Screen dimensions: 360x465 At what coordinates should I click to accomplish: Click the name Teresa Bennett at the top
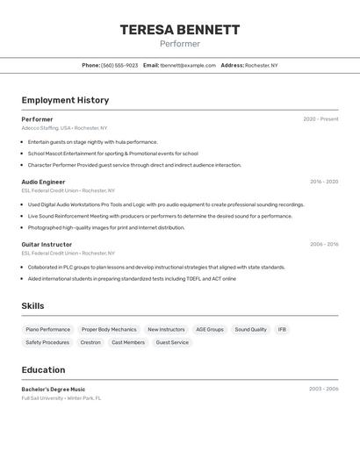(x=179, y=30)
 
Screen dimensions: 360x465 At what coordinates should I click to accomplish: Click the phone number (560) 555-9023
(x=119, y=65)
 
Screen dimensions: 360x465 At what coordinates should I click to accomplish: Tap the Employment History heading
(x=65, y=100)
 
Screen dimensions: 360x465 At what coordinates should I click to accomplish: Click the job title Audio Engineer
(x=43, y=182)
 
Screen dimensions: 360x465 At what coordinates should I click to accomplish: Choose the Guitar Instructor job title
(x=47, y=244)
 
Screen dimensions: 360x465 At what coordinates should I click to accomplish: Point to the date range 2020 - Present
(x=320, y=119)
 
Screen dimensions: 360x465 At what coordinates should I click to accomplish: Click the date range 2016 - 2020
(x=324, y=182)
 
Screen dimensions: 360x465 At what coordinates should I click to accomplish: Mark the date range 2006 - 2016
(x=324, y=244)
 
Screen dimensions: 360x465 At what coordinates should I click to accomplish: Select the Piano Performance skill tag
(x=47, y=330)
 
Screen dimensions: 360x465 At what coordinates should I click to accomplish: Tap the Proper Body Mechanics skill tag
(x=109, y=330)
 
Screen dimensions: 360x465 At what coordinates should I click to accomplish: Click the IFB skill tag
(x=282, y=330)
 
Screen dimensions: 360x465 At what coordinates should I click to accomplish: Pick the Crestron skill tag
(x=90, y=342)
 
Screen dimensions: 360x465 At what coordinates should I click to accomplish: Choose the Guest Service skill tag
(x=172, y=342)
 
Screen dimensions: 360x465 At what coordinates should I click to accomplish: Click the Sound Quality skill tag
(x=250, y=330)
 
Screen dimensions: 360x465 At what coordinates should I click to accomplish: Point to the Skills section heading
(x=33, y=305)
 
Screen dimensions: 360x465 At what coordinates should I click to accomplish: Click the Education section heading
(x=43, y=369)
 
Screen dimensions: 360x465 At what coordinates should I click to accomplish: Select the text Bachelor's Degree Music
(x=54, y=389)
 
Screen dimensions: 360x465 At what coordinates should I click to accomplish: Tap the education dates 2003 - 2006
(x=324, y=389)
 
